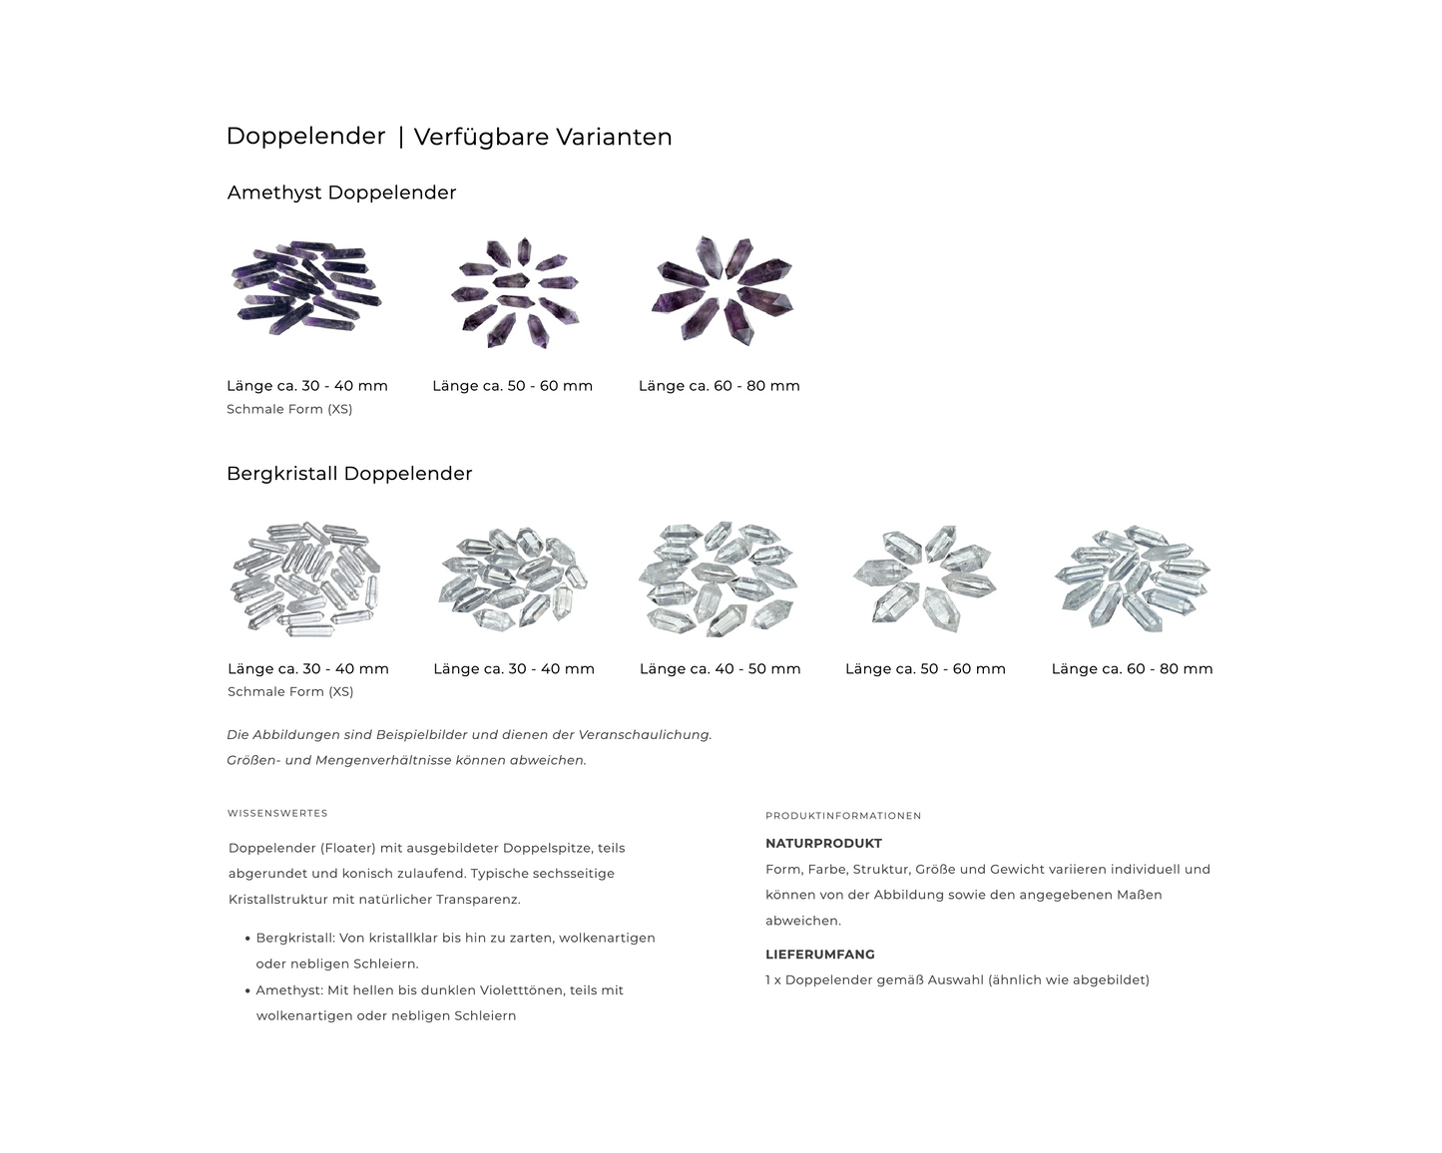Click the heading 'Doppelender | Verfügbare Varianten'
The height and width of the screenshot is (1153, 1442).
(x=449, y=137)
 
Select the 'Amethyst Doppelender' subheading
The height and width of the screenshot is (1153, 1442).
(x=341, y=192)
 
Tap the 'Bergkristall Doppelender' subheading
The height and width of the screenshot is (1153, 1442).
(x=349, y=474)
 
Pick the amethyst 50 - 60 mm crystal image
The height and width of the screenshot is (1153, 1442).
(x=515, y=292)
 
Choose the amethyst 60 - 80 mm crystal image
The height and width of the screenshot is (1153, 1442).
(x=722, y=290)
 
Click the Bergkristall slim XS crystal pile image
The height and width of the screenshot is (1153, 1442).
(x=305, y=578)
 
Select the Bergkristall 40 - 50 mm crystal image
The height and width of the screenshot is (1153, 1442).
(x=719, y=578)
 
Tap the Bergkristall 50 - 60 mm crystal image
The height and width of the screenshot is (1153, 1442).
(x=925, y=578)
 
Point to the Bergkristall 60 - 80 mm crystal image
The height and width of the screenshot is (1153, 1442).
(x=1133, y=578)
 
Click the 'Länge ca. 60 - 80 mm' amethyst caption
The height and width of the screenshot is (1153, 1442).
(x=719, y=386)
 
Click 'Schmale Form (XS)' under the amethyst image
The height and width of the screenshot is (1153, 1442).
(x=289, y=409)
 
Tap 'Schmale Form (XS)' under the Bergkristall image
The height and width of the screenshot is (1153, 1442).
(x=290, y=692)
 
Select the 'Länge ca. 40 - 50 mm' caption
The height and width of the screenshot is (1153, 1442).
(x=721, y=668)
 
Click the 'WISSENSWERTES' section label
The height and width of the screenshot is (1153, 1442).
(x=277, y=813)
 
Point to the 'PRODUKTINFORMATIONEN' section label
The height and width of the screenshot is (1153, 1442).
(x=843, y=816)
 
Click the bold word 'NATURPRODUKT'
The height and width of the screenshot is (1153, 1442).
(x=823, y=844)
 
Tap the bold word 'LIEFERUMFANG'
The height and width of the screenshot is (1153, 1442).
(x=820, y=955)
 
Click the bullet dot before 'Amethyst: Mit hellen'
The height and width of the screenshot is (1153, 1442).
(x=247, y=990)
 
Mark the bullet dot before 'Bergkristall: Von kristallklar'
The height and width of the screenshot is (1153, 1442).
(x=247, y=940)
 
